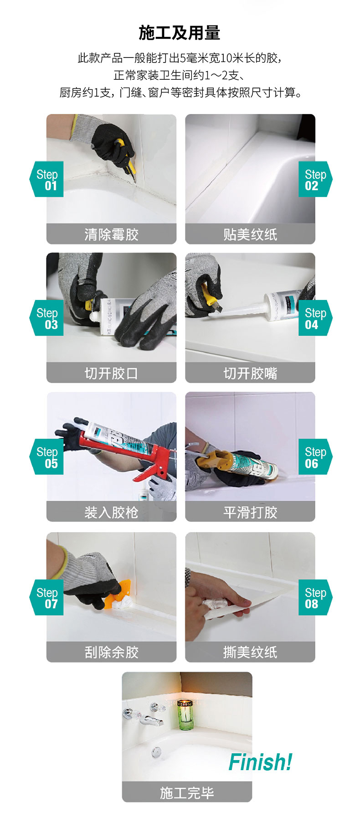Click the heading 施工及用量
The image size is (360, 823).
180,33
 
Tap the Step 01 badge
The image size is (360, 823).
46,179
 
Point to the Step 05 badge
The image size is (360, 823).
46,457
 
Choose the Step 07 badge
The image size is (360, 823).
46,597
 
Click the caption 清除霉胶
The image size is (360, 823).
111,234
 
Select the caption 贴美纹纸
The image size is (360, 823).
250,234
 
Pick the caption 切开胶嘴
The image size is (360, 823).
250,373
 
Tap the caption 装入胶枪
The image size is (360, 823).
111,512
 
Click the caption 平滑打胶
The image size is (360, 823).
250,512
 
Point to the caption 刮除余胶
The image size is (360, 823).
111,652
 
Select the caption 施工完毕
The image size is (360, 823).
187,793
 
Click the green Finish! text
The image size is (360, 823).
260,762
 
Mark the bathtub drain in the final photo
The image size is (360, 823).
156,751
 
